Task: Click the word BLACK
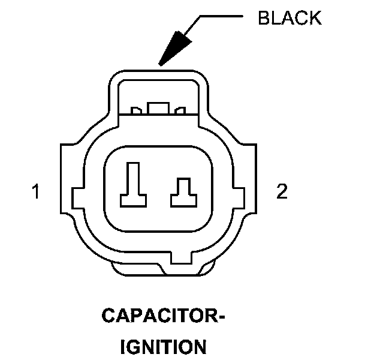pyautogui.click(x=289, y=18)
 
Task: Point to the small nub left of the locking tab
pyautogui.click(x=137, y=110)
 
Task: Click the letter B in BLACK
pyautogui.click(x=263, y=18)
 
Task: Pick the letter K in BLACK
pyautogui.click(x=315, y=18)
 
